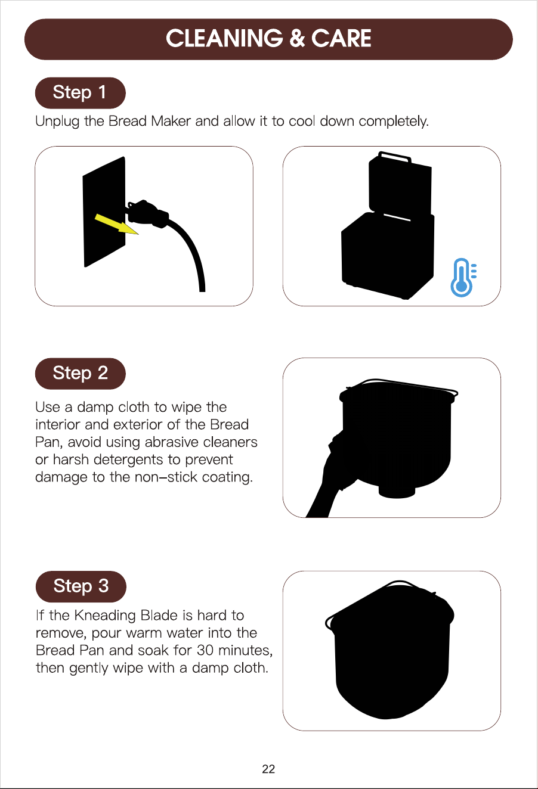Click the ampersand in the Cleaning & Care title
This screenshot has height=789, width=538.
coord(297,38)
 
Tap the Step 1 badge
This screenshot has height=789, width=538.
coord(81,92)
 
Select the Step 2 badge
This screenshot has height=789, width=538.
coord(81,374)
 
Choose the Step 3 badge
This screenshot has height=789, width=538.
coord(81,586)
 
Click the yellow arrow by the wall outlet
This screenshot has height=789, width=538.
coord(117,225)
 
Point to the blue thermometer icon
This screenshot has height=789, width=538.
coord(463,278)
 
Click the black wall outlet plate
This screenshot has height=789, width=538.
coord(104,212)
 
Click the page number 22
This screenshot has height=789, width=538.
coord(268,769)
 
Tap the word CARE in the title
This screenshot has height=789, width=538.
coord(341,38)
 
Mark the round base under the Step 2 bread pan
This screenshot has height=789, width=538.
coord(397,491)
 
